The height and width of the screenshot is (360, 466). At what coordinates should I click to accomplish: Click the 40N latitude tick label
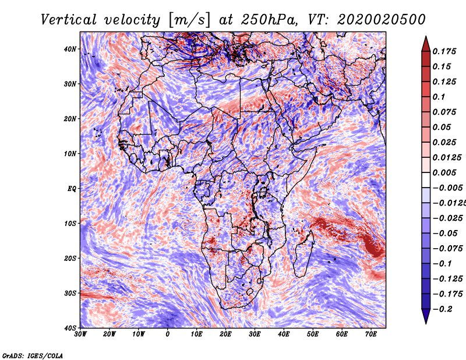click(70, 49)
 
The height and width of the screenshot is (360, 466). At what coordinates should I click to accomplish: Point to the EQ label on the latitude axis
click(72, 189)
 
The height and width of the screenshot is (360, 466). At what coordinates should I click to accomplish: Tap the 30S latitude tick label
click(70, 293)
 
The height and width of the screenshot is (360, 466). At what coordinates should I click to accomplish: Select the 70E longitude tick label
click(371, 334)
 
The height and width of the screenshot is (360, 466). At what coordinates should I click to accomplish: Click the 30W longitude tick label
click(80, 334)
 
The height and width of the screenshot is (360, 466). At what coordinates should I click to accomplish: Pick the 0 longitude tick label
click(168, 334)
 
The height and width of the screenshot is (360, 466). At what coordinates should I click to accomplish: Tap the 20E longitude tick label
click(225, 334)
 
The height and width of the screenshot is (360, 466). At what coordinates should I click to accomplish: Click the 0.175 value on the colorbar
click(444, 51)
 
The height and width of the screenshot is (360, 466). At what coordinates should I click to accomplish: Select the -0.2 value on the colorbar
click(442, 309)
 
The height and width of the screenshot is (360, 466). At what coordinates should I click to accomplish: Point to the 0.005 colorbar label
click(444, 172)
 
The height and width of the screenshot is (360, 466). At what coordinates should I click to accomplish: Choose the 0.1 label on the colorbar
click(439, 97)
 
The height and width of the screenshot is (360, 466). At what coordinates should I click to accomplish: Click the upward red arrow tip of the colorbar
click(426, 37)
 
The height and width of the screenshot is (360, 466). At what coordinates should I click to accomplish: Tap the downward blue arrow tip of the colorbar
click(426, 323)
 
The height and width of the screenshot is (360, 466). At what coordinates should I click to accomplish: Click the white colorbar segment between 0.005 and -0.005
click(426, 180)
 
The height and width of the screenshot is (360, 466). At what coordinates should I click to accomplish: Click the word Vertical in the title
click(69, 20)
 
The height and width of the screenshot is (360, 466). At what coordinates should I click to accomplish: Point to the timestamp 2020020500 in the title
click(382, 20)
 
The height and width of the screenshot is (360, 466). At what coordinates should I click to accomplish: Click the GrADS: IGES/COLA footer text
click(33, 355)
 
